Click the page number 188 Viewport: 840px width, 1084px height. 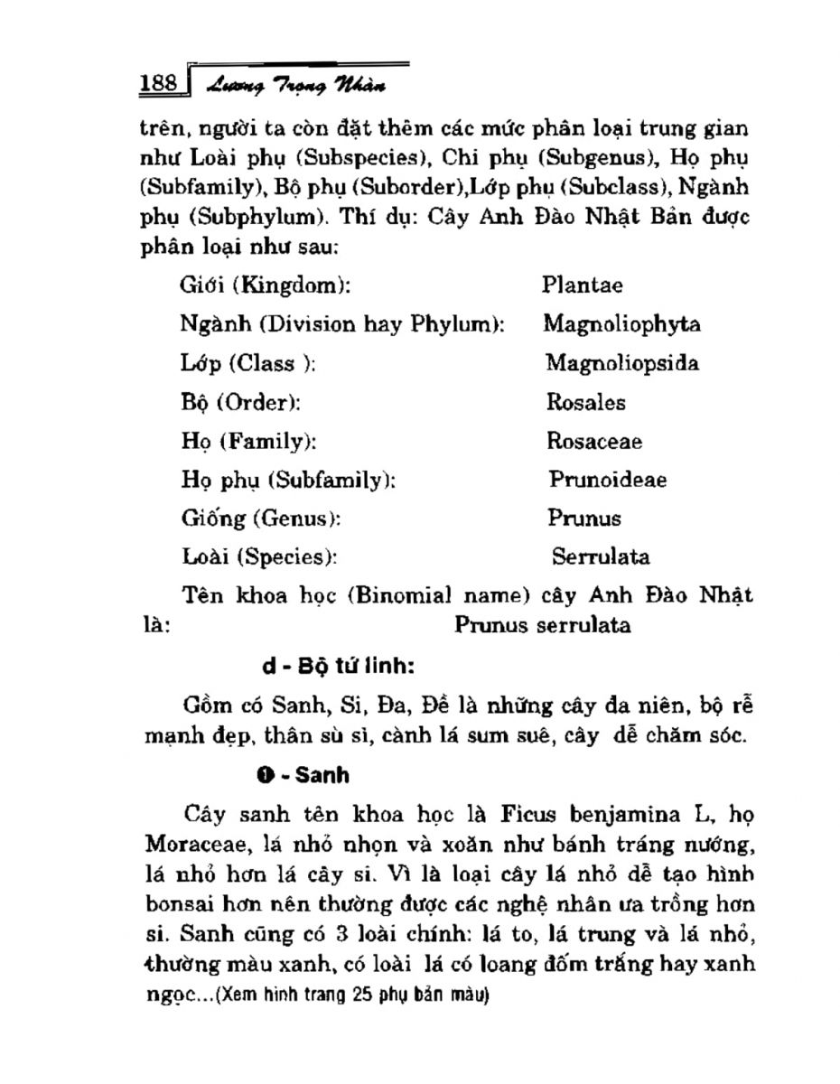158,84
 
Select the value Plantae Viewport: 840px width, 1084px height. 583,285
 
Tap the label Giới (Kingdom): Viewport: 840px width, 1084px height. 265,286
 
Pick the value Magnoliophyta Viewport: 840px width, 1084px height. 621,324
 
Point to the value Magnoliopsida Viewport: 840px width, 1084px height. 621,363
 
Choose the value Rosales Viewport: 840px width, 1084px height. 585,402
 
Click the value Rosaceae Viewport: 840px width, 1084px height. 594,441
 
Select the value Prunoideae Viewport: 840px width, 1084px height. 608,480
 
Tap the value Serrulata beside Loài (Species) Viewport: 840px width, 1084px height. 601,557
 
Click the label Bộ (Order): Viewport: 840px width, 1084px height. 241,402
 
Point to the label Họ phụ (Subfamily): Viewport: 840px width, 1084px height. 289,480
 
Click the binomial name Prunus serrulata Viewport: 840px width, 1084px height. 543,625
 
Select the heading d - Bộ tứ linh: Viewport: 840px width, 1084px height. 338,668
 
